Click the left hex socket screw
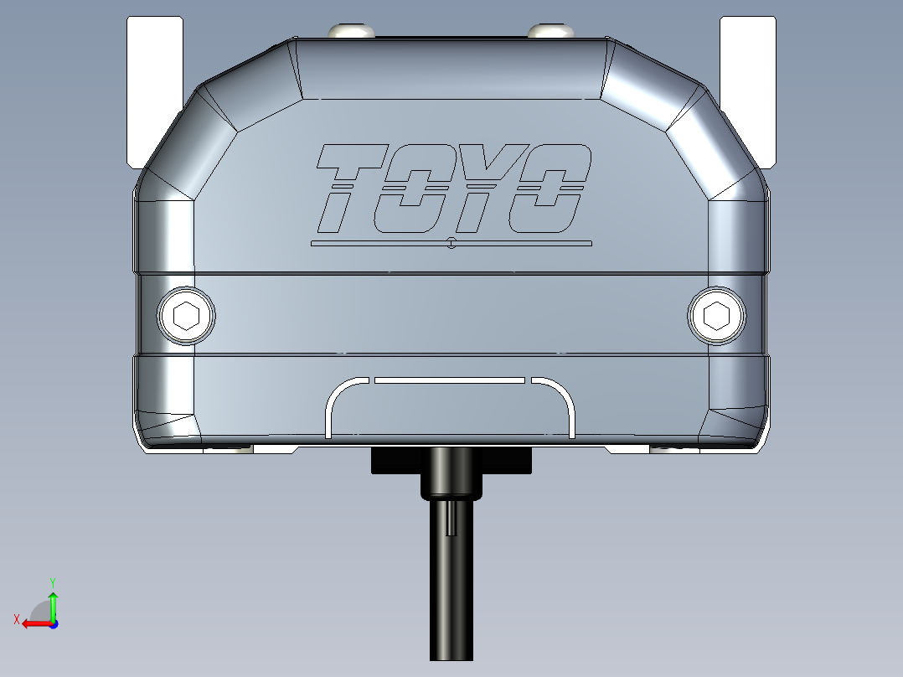tap(186, 316)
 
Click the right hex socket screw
tap(716, 316)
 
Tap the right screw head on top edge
tap(550, 31)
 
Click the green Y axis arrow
tap(53, 600)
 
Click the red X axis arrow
tap(34, 623)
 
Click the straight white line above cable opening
tap(450, 380)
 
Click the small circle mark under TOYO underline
tap(451, 245)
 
